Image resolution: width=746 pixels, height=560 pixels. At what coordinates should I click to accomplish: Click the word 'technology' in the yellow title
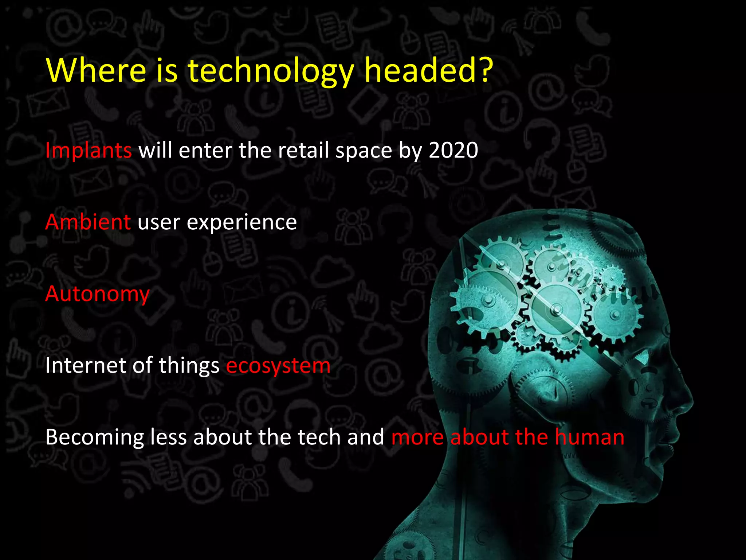pyautogui.click(x=270, y=71)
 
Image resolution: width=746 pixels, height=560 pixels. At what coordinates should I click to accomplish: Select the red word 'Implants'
pyautogui.click(x=88, y=150)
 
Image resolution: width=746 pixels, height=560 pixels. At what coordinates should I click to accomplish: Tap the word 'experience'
pyautogui.click(x=242, y=222)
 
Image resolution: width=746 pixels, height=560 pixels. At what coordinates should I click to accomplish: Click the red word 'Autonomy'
pyautogui.click(x=97, y=294)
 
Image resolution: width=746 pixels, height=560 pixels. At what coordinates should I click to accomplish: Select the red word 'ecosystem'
pyautogui.click(x=278, y=366)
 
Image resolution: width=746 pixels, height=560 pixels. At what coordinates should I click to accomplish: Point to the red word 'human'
pyautogui.click(x=589, y=437)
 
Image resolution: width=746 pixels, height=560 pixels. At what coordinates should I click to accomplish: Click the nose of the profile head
pyautogui.click(x=688, y=401)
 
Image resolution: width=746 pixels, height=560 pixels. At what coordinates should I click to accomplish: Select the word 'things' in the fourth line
pyautogui.click(x=189, y=366)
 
